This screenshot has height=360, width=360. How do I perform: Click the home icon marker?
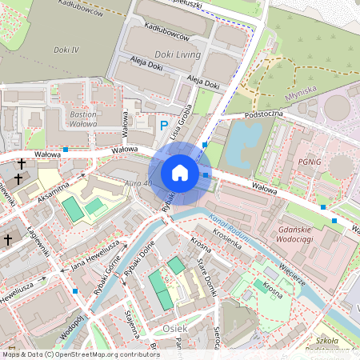180,172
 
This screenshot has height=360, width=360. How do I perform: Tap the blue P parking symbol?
164,126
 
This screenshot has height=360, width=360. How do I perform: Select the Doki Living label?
178,54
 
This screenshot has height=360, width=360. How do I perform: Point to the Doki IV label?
64,50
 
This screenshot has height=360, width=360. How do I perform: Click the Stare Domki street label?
206,280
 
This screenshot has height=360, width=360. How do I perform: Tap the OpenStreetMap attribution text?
80,354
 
